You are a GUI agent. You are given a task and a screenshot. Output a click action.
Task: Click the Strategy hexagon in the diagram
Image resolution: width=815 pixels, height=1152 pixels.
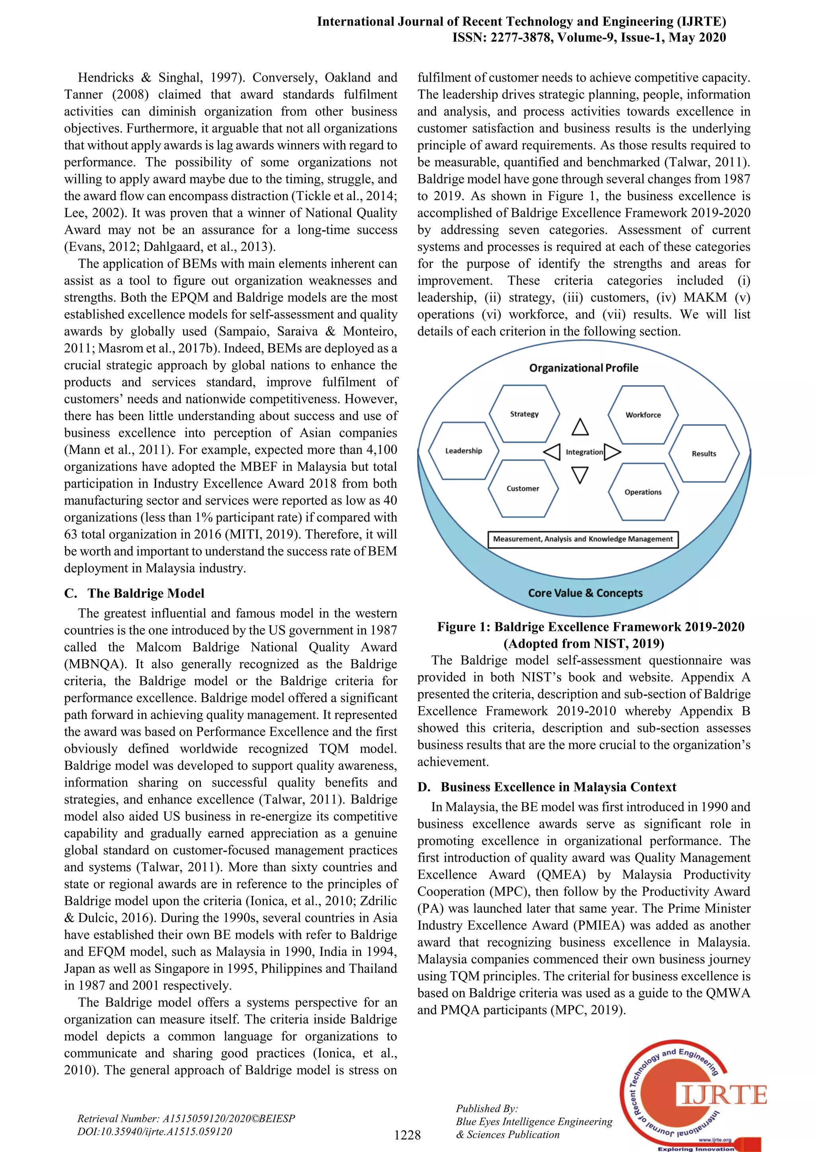point(524,414)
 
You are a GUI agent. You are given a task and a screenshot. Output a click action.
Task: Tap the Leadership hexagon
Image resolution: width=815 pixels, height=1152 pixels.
point(463,451)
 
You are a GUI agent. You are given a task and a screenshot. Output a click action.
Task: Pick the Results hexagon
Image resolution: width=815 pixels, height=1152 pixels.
point(704,453)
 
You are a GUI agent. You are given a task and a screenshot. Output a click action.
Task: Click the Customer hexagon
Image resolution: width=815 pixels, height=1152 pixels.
point(523,488)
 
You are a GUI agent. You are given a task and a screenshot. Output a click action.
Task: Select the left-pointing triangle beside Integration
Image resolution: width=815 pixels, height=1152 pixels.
point(552,452)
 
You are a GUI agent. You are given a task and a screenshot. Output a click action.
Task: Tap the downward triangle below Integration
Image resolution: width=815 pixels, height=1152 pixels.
point(580,475)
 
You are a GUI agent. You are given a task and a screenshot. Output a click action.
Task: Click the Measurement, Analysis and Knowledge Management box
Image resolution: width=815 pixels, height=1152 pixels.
point(583,539)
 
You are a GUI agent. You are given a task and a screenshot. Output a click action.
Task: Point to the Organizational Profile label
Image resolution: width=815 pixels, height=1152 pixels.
point(584,368)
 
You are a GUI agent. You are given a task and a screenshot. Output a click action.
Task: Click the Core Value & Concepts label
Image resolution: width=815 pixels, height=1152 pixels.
point(585,593)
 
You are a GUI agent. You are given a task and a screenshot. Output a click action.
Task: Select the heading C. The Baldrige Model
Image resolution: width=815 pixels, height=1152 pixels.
point(135,593)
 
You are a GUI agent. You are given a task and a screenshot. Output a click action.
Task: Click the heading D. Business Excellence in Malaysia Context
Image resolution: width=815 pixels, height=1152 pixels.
point(547,787)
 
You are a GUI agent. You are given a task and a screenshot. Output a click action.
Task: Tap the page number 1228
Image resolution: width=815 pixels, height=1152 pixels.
point(407,1134)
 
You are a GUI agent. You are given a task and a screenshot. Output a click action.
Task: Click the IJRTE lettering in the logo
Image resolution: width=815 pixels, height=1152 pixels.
point(723,1095)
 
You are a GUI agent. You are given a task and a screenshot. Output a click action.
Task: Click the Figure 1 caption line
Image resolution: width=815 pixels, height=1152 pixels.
point(591,627)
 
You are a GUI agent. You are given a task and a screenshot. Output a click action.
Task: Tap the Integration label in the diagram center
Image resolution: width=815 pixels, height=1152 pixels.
point(584,452)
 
